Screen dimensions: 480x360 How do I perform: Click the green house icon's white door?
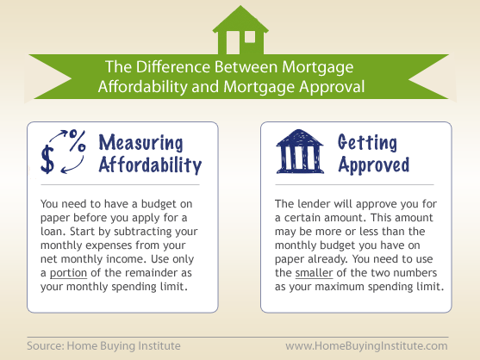tap(233, 42)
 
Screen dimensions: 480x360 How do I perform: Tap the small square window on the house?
tap(250, 37)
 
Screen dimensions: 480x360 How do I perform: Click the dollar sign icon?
tap(47, 159)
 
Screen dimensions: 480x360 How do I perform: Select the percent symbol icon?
tap(78, 140)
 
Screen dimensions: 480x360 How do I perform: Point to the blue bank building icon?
tap(300, 152)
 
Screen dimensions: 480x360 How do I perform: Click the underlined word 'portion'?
tap(68, 273)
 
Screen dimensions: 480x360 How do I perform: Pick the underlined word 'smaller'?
tap(314, 273)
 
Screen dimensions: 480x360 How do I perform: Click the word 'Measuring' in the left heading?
tap(140, 143)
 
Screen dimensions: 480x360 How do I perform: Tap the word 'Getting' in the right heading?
tap(367, 143)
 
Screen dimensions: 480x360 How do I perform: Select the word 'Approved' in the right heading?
tap(374, 165)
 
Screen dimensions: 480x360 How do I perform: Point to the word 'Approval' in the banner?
tap(332, 87)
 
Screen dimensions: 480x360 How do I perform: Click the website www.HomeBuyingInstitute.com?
tap(366, 346)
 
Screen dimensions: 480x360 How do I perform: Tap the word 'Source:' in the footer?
tap(46, 346)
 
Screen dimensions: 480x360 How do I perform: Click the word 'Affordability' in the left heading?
tap(150, 165)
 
